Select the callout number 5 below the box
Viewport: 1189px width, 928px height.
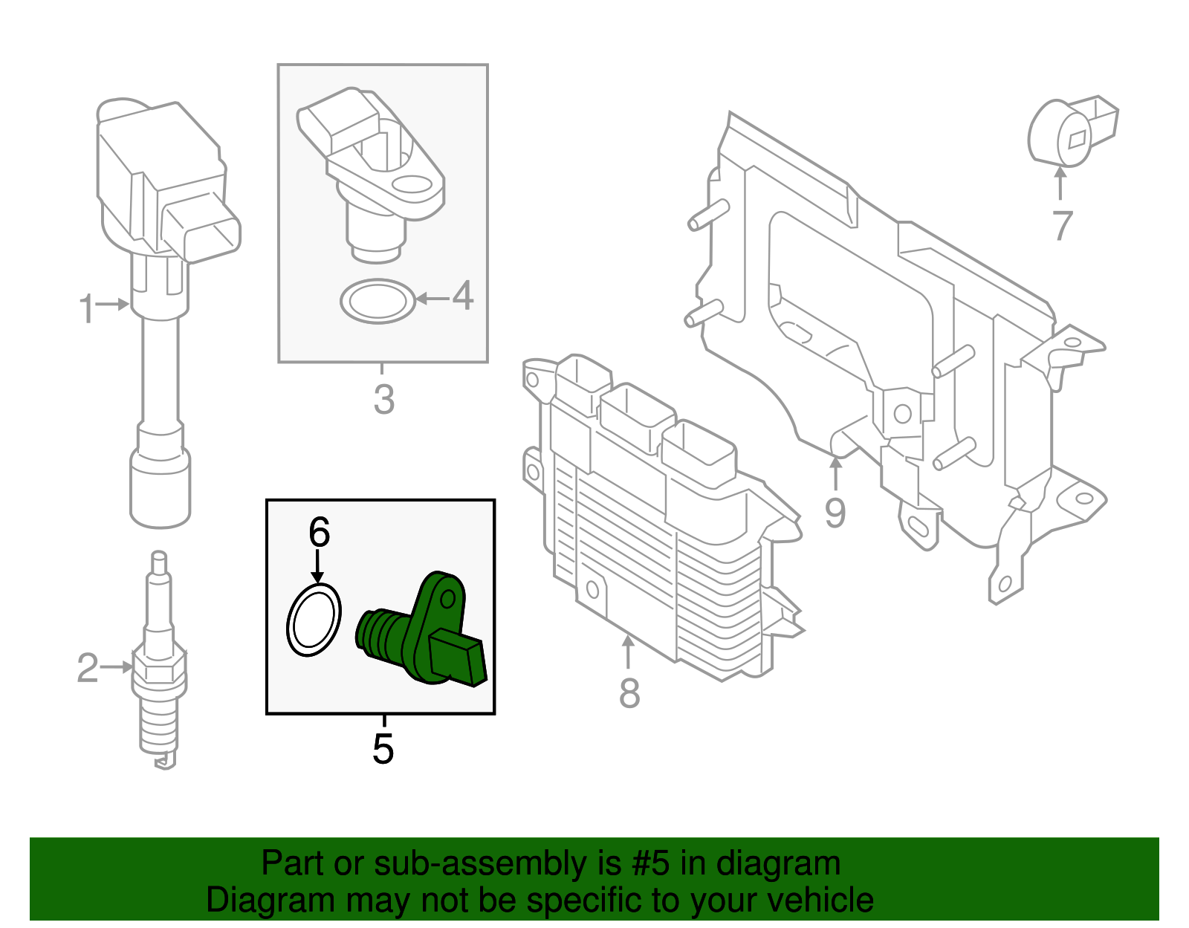[383, 748]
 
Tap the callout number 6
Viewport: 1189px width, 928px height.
[319, 532]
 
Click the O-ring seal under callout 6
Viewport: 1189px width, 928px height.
[314, 620]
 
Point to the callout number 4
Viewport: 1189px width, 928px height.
[463, 296]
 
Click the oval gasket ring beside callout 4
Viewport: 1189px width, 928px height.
[378, 302]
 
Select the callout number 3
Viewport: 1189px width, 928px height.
[383, 399]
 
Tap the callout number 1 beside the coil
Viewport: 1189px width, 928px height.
[87, 308]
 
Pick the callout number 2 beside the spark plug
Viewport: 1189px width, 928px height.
[88, 667]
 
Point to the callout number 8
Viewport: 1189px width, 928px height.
[629, 692]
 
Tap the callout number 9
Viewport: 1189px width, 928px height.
[835, 513]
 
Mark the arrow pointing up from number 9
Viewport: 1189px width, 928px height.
[836, 473]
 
